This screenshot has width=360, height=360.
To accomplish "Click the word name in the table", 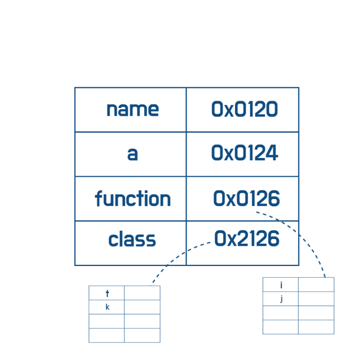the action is coord(133,110).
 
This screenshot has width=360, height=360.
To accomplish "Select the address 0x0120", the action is coord(245,109).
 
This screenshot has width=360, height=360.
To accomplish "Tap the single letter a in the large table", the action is coord(132,154).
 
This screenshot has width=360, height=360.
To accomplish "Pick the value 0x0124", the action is coord(245,153).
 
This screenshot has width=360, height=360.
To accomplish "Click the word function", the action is coord(133,199).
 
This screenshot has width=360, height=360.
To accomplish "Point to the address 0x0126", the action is coord(247,198).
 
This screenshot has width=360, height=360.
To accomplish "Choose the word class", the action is coord(132,239).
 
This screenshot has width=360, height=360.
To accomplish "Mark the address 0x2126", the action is coord(247,238).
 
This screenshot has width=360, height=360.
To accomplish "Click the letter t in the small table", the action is coord(107,294).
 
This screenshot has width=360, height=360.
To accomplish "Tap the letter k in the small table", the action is coord(108,307).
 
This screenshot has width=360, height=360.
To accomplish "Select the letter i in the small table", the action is coord(281,285).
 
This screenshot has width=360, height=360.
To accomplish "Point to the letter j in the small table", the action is coord(281,299).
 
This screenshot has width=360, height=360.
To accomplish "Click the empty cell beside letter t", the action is coord(142,293).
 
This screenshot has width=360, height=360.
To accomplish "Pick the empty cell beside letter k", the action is coord(142,307).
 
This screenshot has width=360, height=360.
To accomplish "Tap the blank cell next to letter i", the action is coord(316,285).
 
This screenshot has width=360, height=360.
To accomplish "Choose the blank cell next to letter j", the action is coord(316,298).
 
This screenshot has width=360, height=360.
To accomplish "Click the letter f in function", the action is coord(98,198).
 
